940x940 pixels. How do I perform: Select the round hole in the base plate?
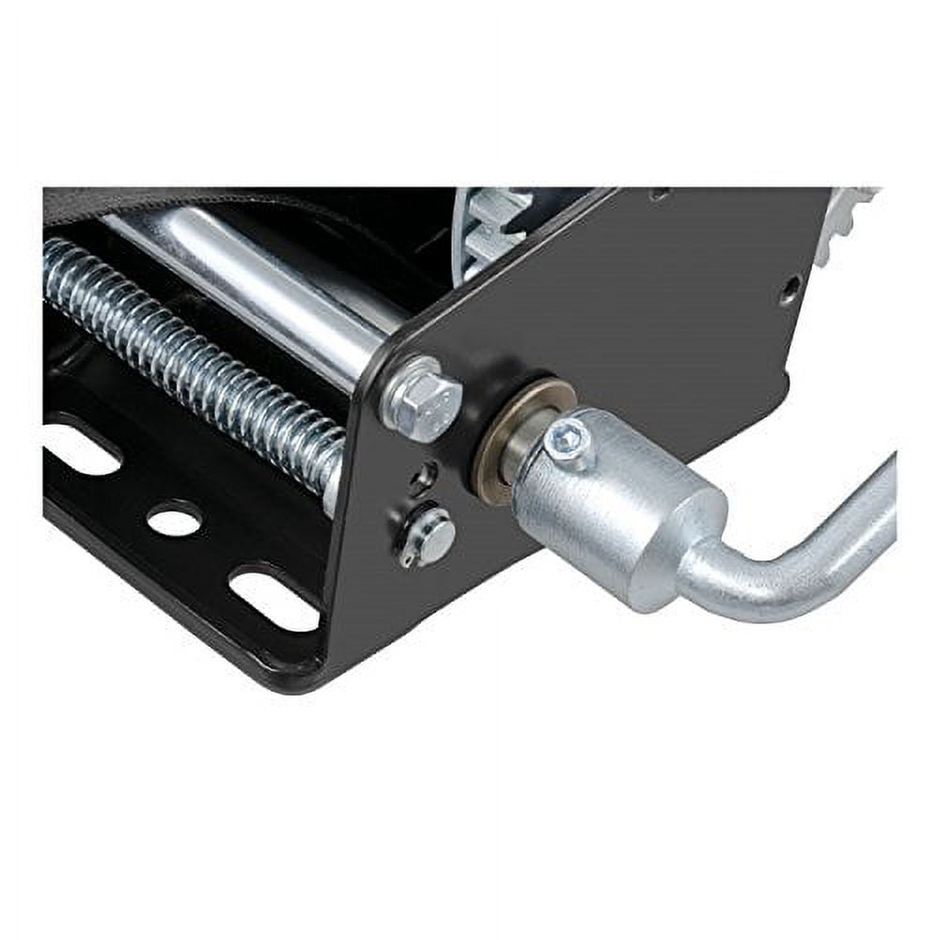(174, 517)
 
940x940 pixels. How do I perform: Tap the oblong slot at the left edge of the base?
(80, 449)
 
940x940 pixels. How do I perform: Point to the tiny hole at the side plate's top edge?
(661, 195)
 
